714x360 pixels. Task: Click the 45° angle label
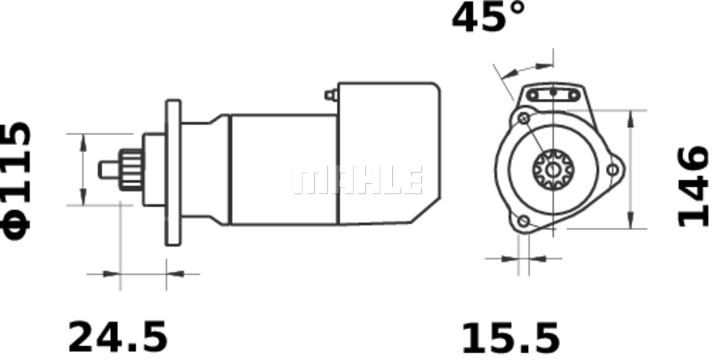pos(488,17)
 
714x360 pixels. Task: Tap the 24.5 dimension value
pos(118,337)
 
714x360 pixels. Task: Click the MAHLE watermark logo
pos(358,180)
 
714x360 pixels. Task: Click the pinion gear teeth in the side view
pos(131,170)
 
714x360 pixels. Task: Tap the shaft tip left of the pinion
pos(109,170)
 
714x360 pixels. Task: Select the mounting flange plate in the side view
pos(173,173)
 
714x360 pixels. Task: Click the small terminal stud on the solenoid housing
pos(331,95)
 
